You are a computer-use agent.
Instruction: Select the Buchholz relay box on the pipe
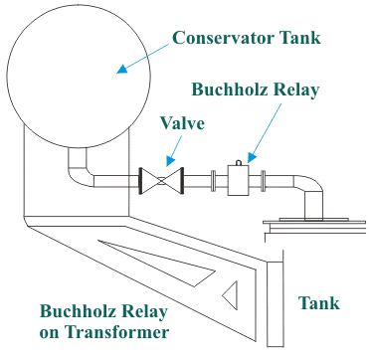[x=239, y=180]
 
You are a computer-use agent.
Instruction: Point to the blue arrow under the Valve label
[x=170, y=154]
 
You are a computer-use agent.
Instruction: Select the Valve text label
[x=183, y=124]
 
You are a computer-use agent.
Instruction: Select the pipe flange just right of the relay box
[x=262, y=180]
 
